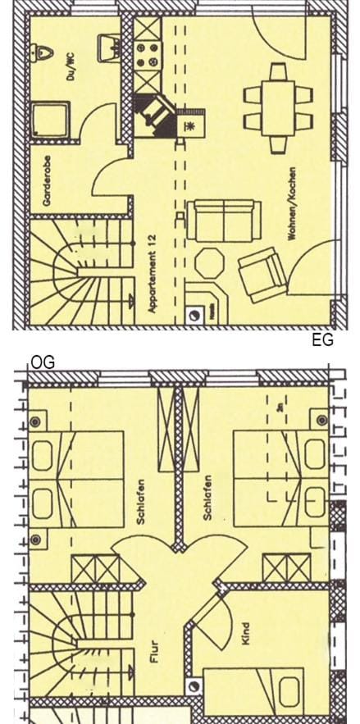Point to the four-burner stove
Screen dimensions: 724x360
point(148,56)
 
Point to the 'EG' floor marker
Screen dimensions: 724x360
point(323,340)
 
